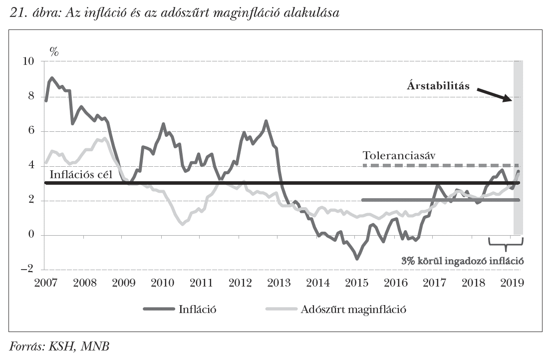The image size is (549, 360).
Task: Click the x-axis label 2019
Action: [x=512, y=283]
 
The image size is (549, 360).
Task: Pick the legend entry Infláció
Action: [x=197, y=309]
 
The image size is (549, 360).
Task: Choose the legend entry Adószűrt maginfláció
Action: [x=353, y=309]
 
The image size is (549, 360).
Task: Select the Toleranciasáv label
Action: [x=399, y=156]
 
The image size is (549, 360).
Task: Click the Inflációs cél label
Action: [x=79, y=175]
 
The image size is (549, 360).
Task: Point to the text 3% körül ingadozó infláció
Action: [x=464, y=261]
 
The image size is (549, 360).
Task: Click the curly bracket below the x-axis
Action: [x=506, y=245]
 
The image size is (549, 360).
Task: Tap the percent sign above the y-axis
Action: [x=54, y=51]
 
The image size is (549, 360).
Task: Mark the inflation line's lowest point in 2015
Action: [x=357, y=258]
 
